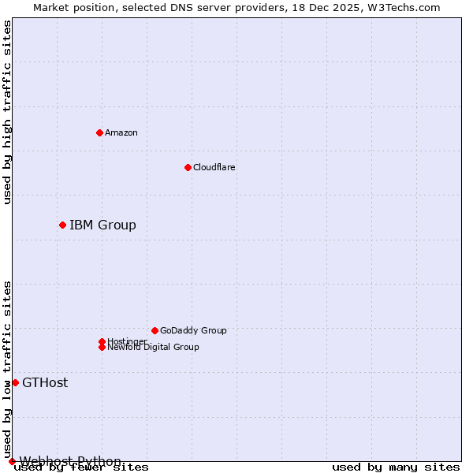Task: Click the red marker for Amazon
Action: coord(99,132)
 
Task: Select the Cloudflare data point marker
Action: coord(188,167)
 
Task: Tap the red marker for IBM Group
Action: coord(62,225)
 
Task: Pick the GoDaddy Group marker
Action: coord(155,330)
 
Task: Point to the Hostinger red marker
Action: coord(102,341)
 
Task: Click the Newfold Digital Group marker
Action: coord(102,347)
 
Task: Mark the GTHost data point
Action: coord(15,382)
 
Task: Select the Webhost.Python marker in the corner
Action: coord(12,461)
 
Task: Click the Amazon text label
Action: coord(121,132)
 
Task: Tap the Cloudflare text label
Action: coord(214,167)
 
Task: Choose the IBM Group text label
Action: coord(102,225)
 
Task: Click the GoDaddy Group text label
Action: coord(193,330)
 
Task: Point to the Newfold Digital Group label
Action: coord(154,348)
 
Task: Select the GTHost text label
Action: coord(45,383)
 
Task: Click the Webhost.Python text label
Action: coord(70,461)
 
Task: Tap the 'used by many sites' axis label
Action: coord(396,467)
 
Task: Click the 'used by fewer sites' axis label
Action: coord(81,467)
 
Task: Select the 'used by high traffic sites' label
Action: coord(8,113)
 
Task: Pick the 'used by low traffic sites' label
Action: coord(8,369)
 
